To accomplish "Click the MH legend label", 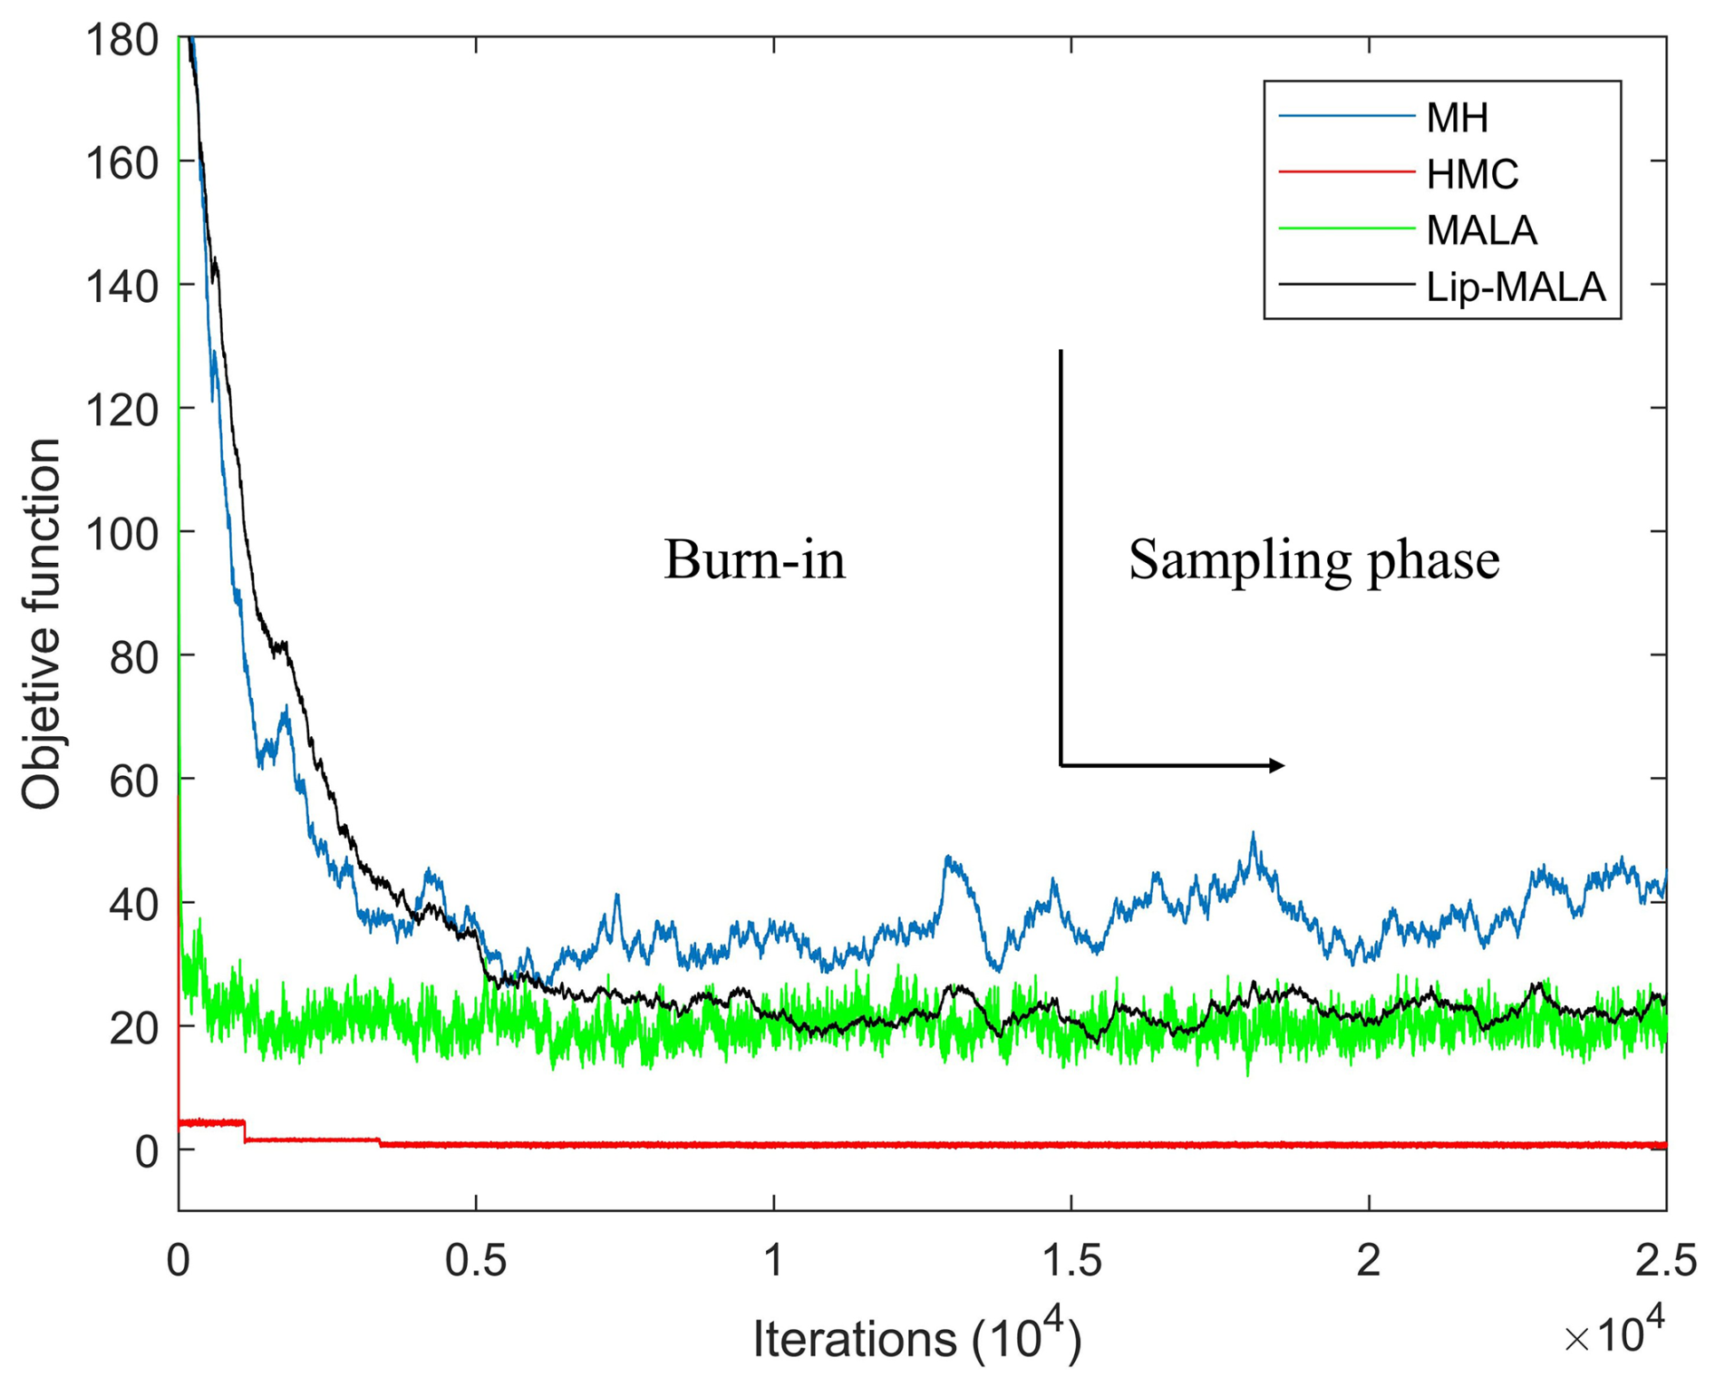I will pyautogui.click(x=1457, y=117).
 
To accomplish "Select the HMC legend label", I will pyautogui.click(x=1472, y=173).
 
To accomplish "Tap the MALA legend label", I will pyautogui.click(x=1481, y=230).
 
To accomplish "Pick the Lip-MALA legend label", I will pyautogui.click(x=1516, y=286).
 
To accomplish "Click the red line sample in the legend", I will pyautogui.click(x=1345, y=172).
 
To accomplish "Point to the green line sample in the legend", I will pyautogui.click(x=1345, y=228).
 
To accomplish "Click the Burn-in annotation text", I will pyautogui.click(x=754, y=559).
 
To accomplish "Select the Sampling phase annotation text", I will pyautogui.click(x=1313, y=559).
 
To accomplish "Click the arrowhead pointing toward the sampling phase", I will pyautogui.click(x=1276, y=766).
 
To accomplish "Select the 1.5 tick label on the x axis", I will pyautogui.click(x=1071, y=1262).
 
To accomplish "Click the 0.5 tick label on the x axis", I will pyautogui.click(x=476, y=1262).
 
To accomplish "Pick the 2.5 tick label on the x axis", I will pyautogui.click(x=1666, y=1262).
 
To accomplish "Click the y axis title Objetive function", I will pyautogui.click(x=42, y=624).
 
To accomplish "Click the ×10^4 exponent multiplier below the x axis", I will pyautogui.click(x=1614, y=1333).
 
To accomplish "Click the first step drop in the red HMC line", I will pyautogui.click(x=245, y=1131).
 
